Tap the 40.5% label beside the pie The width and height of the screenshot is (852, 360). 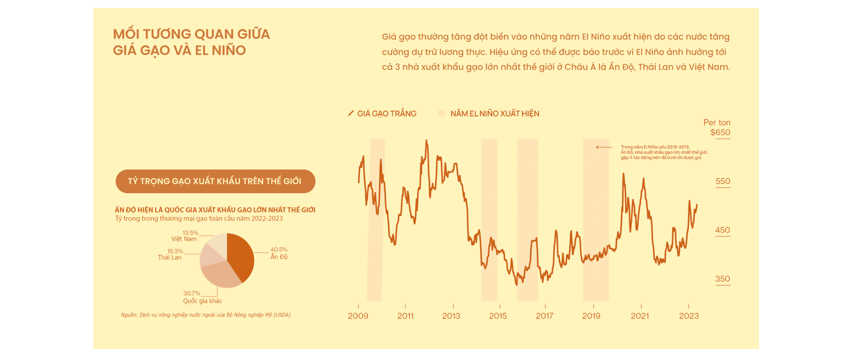tap(279, 250)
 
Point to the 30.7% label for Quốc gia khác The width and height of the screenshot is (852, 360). tap(192, 293)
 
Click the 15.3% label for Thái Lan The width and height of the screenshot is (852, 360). tap(175, 251)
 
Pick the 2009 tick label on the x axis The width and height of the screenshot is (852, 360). tap(358, 316)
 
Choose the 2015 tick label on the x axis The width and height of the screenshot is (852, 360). tap(498, 316)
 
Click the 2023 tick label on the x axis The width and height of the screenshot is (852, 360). tap(689, 316)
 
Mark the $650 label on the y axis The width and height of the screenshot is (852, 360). tap(720, 133)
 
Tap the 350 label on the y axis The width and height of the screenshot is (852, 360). tap(722, 279)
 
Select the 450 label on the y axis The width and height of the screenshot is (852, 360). tap(722, 230)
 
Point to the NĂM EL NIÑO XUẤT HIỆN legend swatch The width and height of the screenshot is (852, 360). tap(442, 113)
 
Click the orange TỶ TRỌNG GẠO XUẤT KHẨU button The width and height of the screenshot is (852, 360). tap(215, 181)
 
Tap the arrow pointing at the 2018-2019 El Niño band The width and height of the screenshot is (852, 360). tap(604, 147)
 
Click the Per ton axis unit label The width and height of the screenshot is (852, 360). tap(717, 123)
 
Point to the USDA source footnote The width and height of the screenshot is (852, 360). tap(206, 315)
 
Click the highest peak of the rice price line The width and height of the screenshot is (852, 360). tap(426, 140)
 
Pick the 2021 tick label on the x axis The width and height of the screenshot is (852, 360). tap(640, 316)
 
